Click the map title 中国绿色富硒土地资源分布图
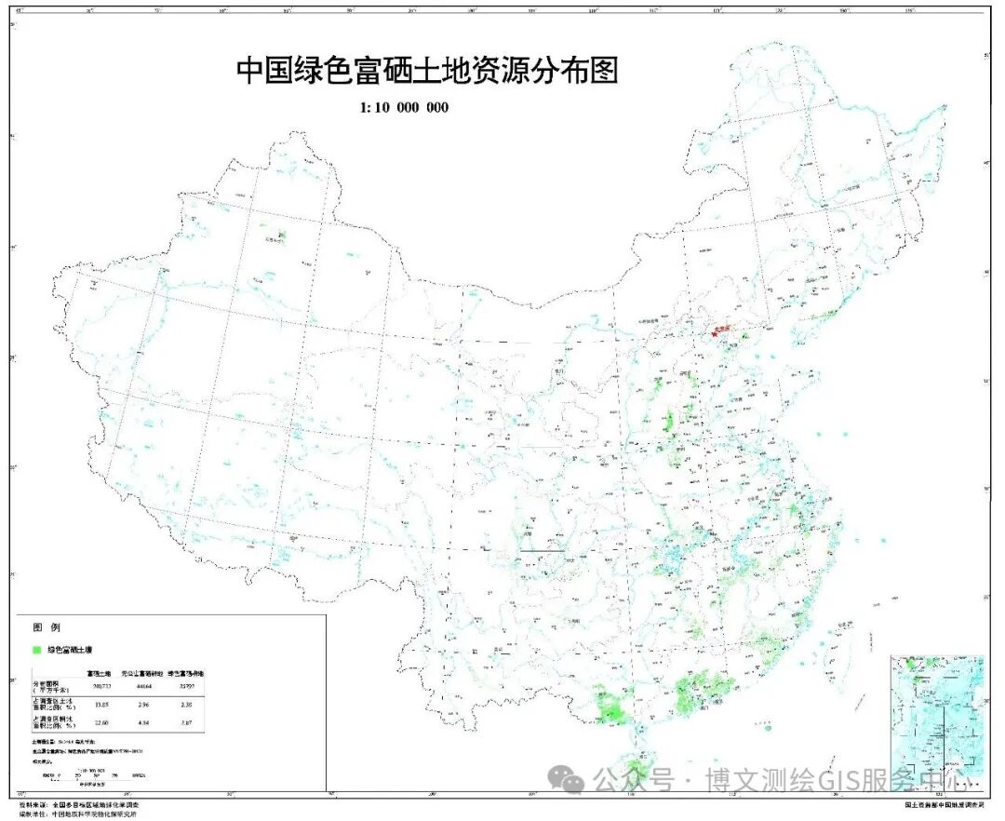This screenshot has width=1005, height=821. [x=427, y=72]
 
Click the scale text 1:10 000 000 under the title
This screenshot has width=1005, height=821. [x=404, y=108]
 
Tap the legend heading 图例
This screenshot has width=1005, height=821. [x=47, y=628]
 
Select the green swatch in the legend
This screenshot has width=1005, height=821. [x=37, y=649]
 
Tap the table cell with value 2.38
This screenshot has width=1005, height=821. [x=186, y=706]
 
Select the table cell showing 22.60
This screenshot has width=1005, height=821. [x=100, y=722]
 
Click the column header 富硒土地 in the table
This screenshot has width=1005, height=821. [x=100, y=672]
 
